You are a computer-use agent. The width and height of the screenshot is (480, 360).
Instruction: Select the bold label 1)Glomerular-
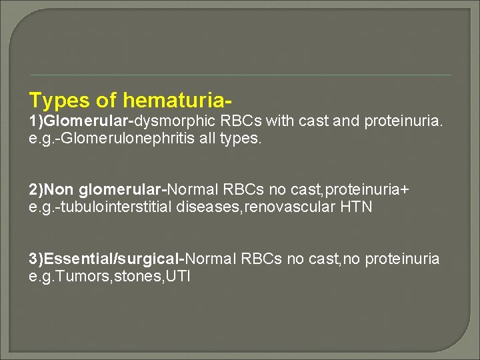pyautogui.click(x=81, y=121)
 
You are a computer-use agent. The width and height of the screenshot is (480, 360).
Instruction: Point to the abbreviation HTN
pyautogui.click(x=357, y=207)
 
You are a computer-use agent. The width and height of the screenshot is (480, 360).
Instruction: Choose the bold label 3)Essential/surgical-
pyautogui.click(x=107, y=259)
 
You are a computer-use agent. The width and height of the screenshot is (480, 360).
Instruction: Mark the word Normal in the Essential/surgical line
pyautogui.click(x=212, y=259)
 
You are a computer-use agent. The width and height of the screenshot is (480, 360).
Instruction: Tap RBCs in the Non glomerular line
pyautogui.click(x=256, y=190)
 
